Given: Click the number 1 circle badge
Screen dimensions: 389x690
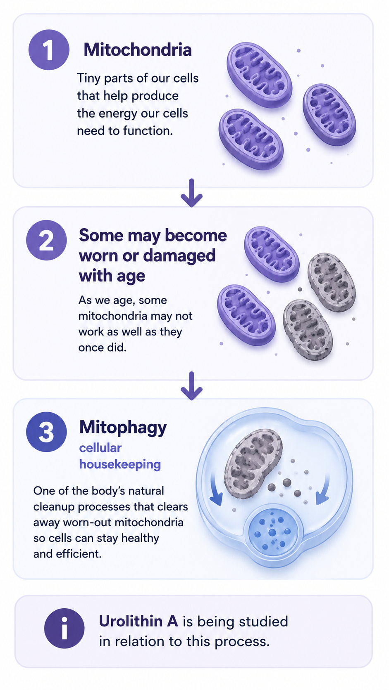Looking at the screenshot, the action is coord(49,50).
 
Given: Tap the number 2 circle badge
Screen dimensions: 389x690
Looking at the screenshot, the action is coord(46,240).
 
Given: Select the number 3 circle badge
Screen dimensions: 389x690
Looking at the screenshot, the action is coord(46,432).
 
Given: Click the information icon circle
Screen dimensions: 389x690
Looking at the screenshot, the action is coord(64,629).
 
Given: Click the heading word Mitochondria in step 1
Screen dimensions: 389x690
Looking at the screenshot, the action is coord(138,50).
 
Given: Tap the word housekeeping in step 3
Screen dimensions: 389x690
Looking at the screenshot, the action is coord(120,464).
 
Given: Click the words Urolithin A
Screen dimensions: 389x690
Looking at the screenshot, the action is coord(138,621).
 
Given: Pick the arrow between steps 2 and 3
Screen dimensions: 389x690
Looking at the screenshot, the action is coord(191,386).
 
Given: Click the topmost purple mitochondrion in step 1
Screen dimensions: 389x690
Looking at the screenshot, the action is coord(259,75).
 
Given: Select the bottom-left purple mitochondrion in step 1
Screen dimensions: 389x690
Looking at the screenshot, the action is coord(251,139).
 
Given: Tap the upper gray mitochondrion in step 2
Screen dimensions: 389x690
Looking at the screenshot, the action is coord(332,282).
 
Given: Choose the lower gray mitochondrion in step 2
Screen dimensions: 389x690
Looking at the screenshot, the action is coord(308,330).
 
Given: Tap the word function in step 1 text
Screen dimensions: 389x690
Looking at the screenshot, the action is coord(148,131).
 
